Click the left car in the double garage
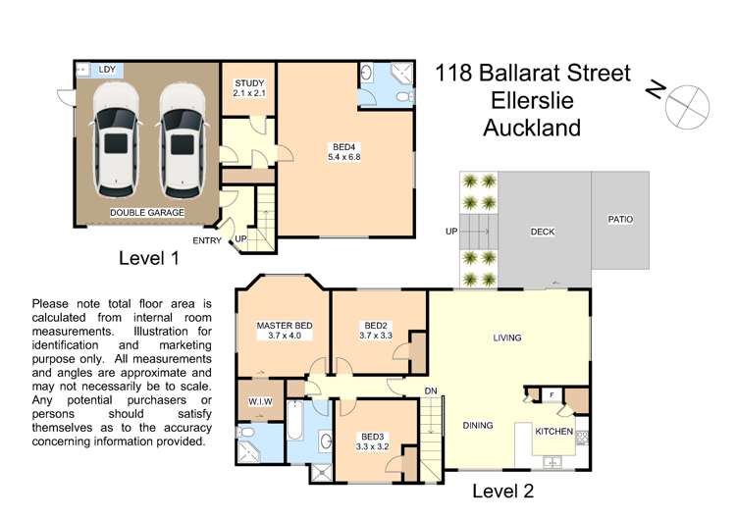coord(116,137)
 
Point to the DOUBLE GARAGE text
coord(145,212)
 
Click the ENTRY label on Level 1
coord(207,240)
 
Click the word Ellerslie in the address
coord(533,100)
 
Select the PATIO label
coord(620,220)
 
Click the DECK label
coord(543,233)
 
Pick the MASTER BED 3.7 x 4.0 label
coord(284,331)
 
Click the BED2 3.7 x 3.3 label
coord(378,331)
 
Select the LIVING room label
coord(506,338)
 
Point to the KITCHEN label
coord(553,431)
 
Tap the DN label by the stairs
coord(430,390)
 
